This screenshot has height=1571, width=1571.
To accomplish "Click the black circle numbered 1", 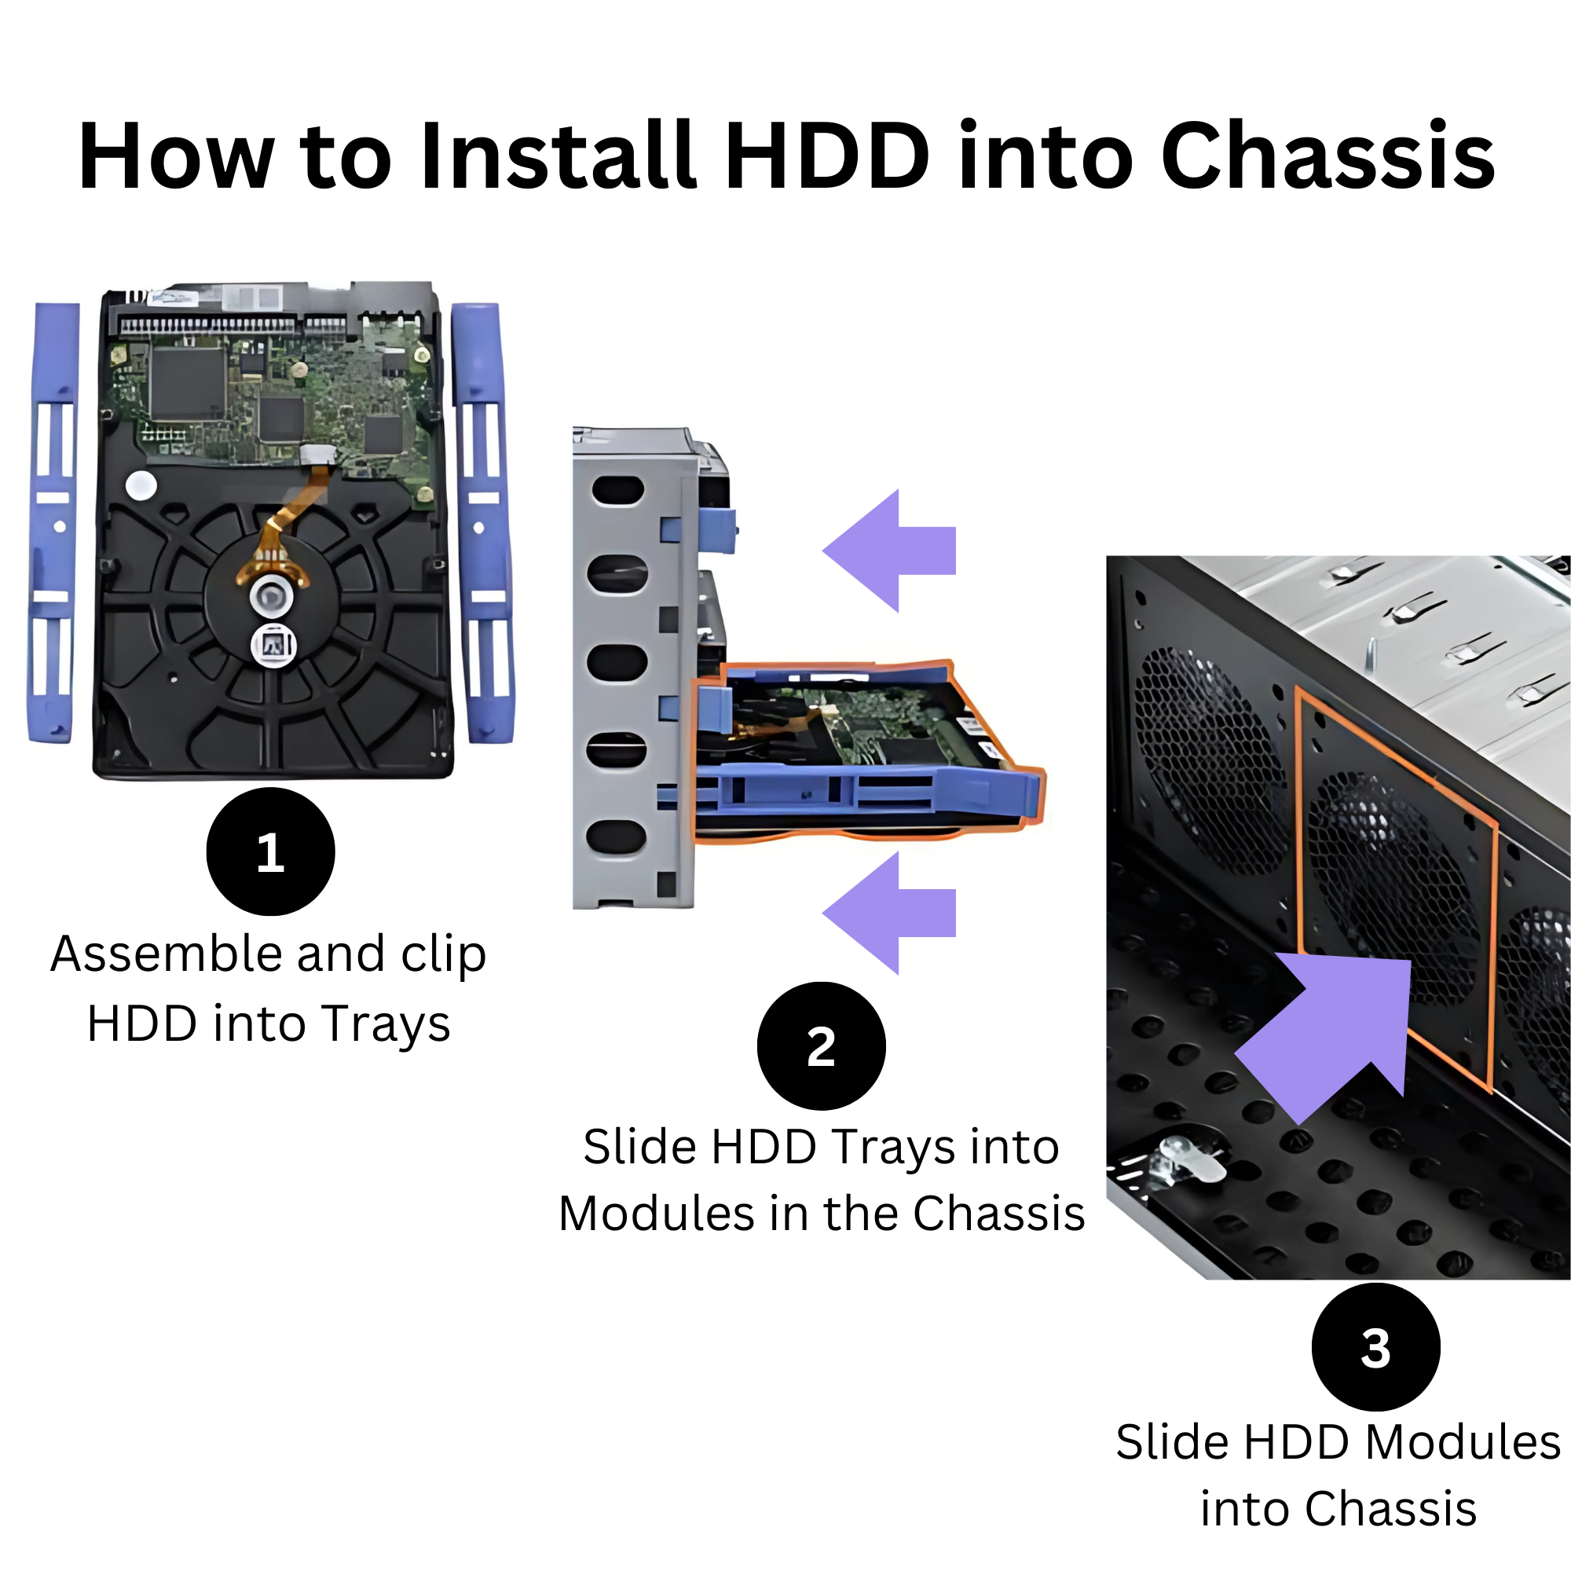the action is (x=271, y=851).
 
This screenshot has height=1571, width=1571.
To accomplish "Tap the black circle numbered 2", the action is (x=822, y=1046).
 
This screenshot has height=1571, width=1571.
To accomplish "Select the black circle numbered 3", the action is (x=1376, y=1347).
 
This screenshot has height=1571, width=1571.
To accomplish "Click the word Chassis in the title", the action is (x=1327, y=156).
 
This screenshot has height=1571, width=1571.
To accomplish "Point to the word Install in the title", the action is (x=558, y=156).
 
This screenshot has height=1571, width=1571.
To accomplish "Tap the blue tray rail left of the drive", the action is (x=53, y=522).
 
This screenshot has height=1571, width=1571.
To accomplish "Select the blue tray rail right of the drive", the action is (x=483, y=522).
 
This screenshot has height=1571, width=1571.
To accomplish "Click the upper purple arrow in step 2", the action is (x=888, y=551).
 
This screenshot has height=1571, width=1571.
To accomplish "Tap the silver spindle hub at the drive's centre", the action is (x=270, y=596).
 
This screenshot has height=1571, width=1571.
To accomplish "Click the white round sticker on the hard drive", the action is (x=141, y=485).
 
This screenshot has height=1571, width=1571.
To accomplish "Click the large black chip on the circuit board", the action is (x=188, y=383).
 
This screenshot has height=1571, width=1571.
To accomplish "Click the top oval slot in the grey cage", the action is (x=618, y=490).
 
